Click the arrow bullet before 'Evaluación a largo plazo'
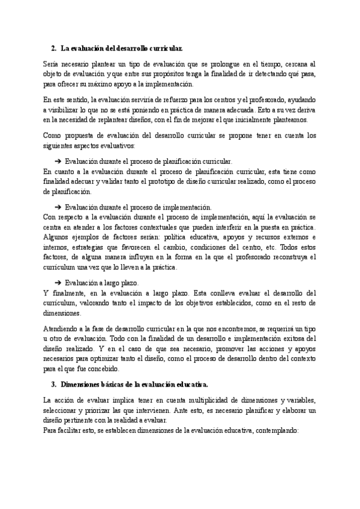[x=58, y=283]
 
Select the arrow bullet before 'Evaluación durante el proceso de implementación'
[x=58, y=206]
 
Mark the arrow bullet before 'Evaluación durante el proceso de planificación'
[x=58, y=161]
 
